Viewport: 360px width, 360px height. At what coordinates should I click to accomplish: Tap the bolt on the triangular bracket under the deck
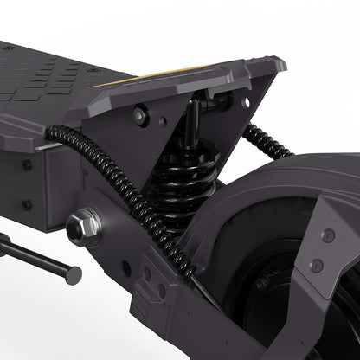(139, 113)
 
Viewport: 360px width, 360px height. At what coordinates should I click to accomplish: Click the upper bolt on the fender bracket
(328, 235)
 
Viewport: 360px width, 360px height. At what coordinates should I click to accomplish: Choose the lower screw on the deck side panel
(27, 205)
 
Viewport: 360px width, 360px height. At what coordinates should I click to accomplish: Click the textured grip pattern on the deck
(52, 78)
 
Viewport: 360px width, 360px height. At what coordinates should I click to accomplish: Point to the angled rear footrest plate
(199, 82)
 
